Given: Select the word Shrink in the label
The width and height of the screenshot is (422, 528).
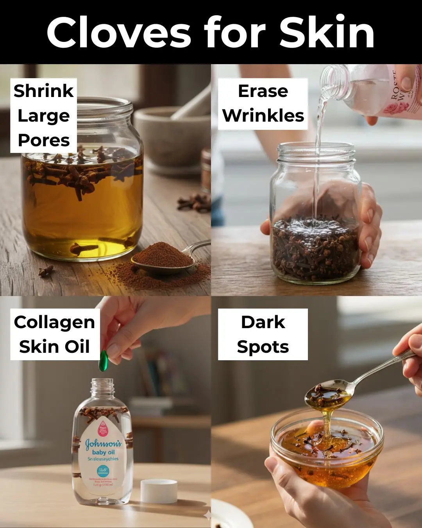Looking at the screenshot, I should click(43, 91).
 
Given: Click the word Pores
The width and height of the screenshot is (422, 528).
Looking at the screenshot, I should click(44, 140).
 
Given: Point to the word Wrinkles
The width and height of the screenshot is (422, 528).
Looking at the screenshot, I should click(263, 116).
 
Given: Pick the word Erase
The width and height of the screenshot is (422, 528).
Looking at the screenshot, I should click(263, 91).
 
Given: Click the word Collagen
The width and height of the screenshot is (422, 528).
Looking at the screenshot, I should click(54, 322).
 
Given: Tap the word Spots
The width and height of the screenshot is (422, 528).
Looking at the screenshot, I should click(263, 347).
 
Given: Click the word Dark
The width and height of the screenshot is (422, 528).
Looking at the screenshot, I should click(263, 322).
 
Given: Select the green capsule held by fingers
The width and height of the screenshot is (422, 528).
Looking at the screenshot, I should click(103, 361).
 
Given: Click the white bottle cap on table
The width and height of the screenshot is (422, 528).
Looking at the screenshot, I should click(159, 491).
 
